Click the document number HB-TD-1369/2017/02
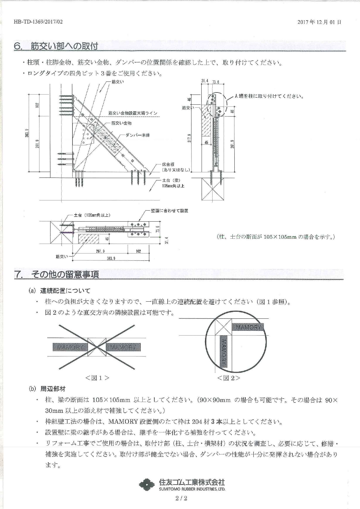38,22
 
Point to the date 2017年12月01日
319,22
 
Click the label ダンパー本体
138,135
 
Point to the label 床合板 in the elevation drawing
169,164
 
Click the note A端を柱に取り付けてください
269,96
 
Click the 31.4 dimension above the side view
205,81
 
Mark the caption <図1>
97,378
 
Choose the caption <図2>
229,378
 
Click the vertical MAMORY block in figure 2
224,352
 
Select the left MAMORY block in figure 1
70,347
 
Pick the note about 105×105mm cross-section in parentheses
275,237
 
